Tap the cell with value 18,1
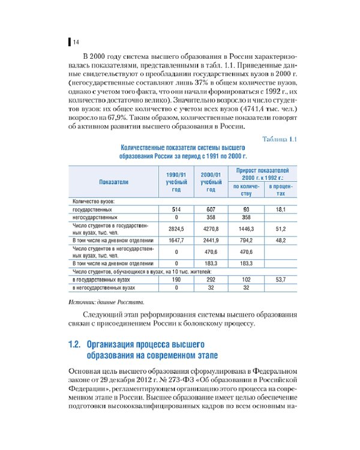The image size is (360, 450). (x=280, y=209)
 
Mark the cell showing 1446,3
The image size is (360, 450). (x=245, y=229)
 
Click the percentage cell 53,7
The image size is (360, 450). (x=280, y=280)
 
